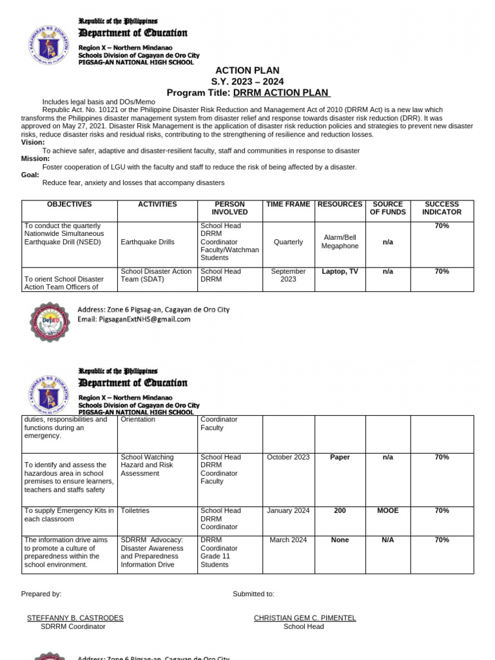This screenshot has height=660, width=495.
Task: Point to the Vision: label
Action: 33,142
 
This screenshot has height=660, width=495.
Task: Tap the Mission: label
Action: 35,159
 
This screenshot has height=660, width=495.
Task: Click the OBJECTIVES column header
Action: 70,204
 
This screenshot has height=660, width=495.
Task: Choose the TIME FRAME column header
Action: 288,204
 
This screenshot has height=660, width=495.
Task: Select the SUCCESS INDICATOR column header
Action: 442,208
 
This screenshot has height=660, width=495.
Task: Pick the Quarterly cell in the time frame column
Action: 288,242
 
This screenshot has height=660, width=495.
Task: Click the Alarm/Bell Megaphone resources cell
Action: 340,242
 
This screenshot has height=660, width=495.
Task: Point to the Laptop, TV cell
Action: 340,272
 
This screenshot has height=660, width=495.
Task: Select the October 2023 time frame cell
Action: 288,458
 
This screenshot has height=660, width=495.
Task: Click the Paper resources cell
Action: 340,458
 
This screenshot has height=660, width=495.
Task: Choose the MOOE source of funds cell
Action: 387,511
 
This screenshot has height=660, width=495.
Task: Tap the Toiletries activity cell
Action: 135,511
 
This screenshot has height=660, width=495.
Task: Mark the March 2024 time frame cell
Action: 288,541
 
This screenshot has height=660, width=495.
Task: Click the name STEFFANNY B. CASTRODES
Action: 75,618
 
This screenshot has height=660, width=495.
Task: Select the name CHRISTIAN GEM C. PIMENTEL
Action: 305,618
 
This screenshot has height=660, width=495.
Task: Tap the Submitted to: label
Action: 253,594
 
